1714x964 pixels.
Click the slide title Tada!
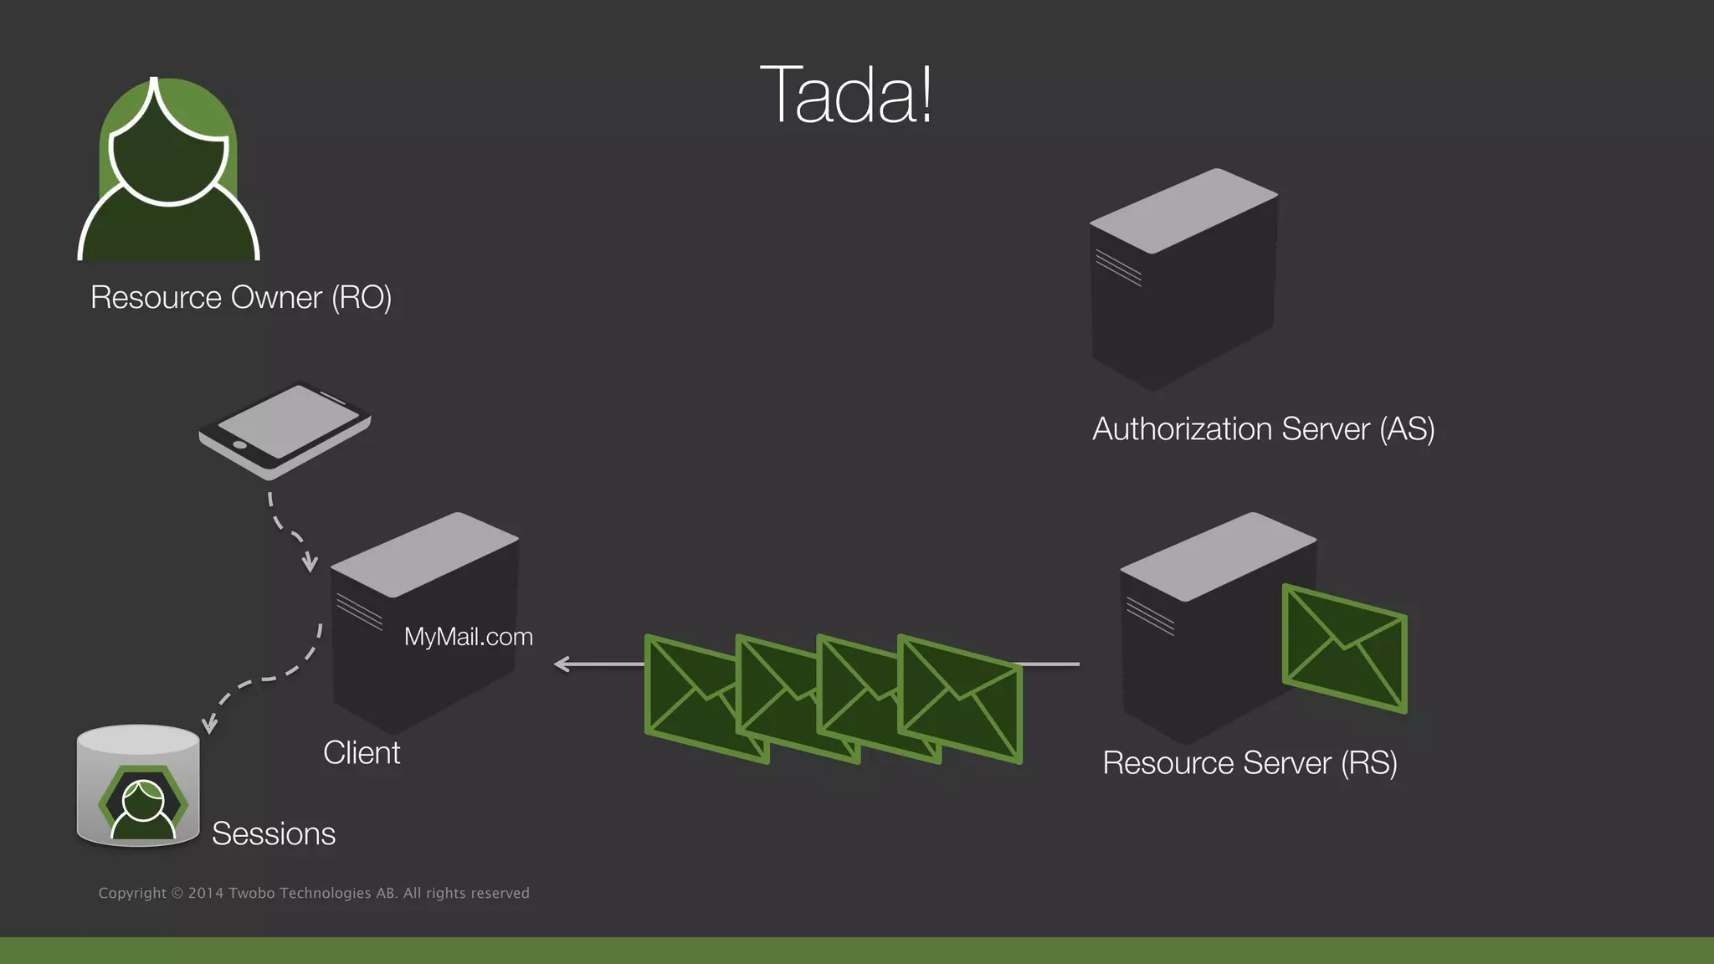point(845,95)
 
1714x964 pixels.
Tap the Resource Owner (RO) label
point(241,298)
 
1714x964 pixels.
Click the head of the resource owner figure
point(168,159)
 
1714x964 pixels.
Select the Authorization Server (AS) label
point(1263,429)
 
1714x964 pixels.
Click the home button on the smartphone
point(239,444)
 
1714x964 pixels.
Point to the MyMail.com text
point(468,637)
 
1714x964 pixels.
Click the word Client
point(362,753)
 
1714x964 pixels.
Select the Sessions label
point(274,834)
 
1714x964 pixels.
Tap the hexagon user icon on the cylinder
point(143,804)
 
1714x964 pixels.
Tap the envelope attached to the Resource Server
point(1344,649)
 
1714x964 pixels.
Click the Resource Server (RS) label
point(1250,763)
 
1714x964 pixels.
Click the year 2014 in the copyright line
point(206,894)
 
